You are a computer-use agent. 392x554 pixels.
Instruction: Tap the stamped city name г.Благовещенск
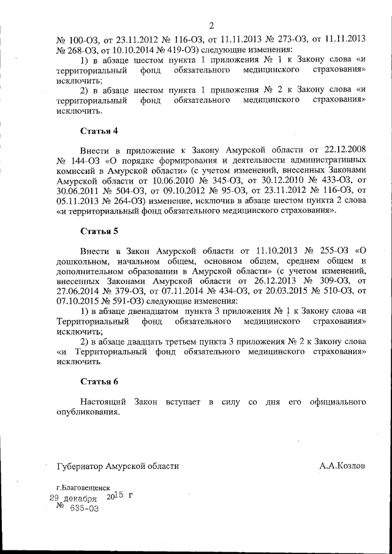coord(78,488)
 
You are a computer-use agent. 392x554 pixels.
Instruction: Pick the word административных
coord(330,162)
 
